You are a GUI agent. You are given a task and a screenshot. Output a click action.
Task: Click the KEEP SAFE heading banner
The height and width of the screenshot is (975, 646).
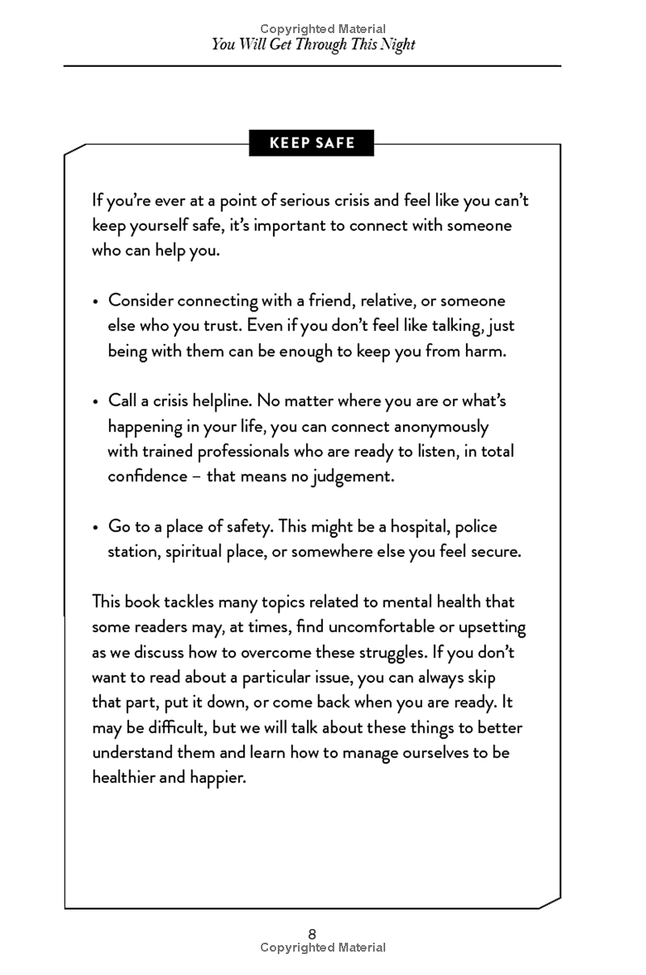[312, 144]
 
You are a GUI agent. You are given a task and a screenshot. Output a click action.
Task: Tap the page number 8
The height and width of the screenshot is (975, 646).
[312, 934]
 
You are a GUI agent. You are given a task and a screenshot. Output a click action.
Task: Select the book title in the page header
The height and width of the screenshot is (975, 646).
[313, 44]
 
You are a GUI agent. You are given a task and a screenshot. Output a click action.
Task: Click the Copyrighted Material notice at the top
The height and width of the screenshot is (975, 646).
[323, 29]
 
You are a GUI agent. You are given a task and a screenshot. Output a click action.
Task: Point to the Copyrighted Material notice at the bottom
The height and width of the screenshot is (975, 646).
[323, 948]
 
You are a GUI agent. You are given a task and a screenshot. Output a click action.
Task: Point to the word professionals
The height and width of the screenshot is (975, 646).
[224, 451]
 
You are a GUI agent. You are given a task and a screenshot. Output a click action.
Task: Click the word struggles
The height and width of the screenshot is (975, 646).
[395, 652]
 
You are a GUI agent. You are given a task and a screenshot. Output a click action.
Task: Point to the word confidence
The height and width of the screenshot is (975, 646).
[145, 476]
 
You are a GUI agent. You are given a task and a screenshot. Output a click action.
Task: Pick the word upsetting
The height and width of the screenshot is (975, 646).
[492, 627]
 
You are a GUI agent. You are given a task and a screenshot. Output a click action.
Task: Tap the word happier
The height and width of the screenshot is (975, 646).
[216, 778]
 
